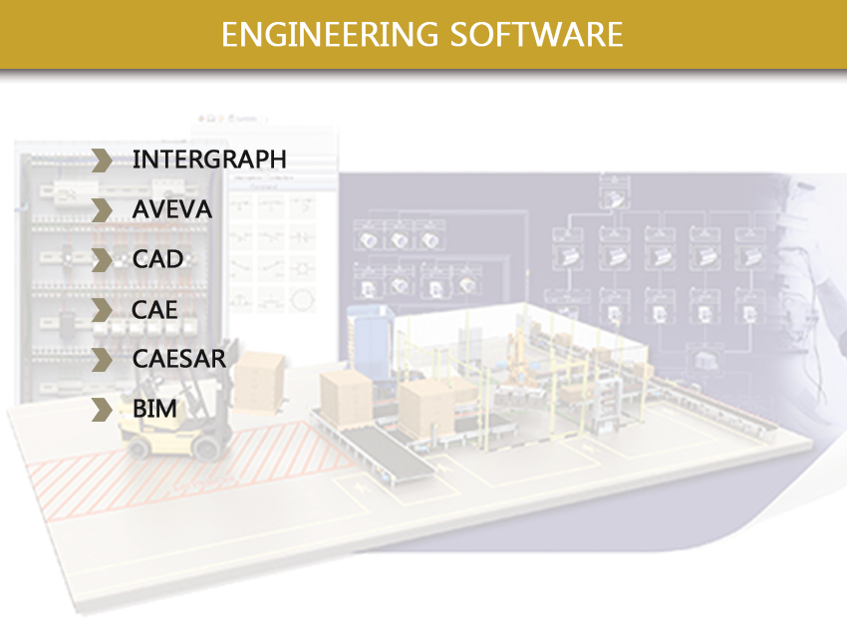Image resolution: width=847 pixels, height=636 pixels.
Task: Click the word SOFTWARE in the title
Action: (x=537, y=34)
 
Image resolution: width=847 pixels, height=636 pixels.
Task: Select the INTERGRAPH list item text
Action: (x=208, y=159)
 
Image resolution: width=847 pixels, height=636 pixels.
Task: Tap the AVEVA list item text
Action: (x=171, y=209)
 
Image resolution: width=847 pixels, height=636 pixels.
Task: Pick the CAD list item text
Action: (x=157, y=259)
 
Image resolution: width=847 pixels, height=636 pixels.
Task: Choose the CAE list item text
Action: (x=154, y=309)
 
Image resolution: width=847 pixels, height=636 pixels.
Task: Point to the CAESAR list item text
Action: (x=179, y=359)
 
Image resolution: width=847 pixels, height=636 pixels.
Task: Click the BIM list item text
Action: (x=153, y=409)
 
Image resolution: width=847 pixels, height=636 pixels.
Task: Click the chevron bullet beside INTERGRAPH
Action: (x=102, y=159)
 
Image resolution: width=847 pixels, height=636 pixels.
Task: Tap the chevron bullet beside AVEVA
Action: (x=102, y=209)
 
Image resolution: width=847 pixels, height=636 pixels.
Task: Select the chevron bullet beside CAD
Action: (x=102, y=259)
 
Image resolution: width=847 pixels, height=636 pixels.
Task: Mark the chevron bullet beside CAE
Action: (x=102, y=309)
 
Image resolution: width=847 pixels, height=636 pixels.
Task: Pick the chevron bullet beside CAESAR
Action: (x=102, y=359)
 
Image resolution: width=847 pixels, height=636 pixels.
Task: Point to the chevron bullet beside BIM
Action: (x=102, y=409)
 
